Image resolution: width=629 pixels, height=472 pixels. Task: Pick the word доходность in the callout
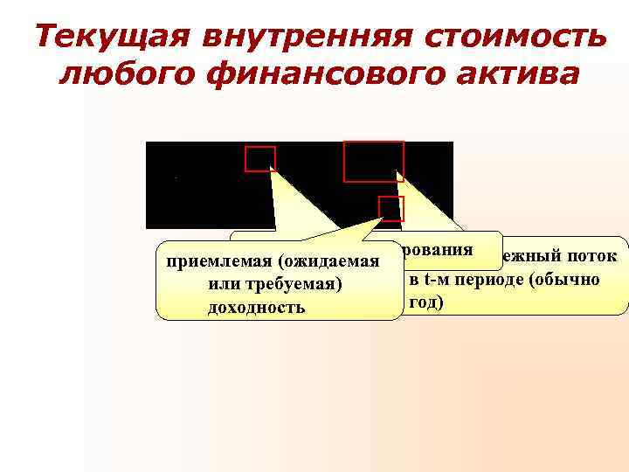click(x=257, y=308)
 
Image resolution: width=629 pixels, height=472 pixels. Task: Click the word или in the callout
click(x=225, y=286)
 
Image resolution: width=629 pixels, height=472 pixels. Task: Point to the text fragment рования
click(x=438, y=248)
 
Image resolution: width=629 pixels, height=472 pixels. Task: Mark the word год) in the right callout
click(x=426, y=302)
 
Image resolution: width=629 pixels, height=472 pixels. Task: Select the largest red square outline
click(x=374, y=162)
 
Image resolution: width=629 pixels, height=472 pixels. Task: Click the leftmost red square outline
click(x=260, y=159)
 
